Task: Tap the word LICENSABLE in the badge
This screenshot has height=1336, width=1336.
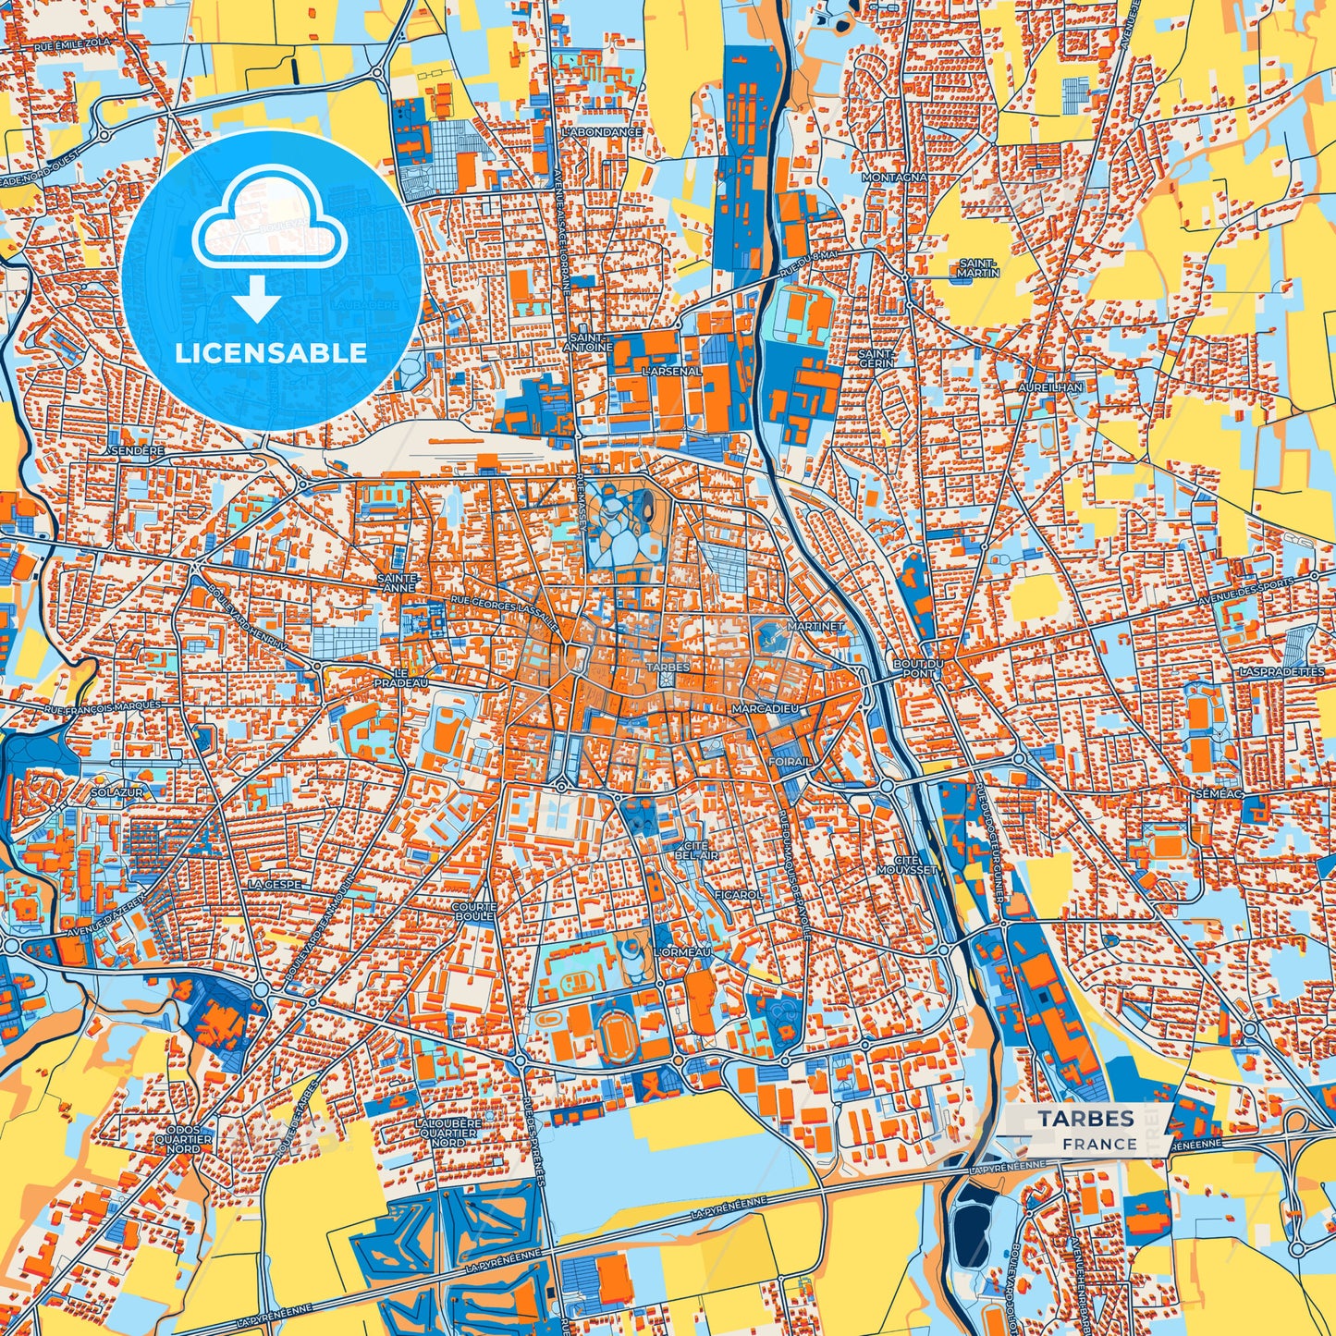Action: pos(272,353)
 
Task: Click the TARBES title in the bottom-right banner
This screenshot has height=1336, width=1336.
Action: pos(1085,1119)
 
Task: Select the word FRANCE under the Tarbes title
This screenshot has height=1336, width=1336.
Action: pos(1099,1144)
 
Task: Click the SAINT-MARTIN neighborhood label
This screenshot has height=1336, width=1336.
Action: pos(978,268)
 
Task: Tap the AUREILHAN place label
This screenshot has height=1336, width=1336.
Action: pos(1050,387)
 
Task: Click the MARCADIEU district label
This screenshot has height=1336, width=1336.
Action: pos(764,708)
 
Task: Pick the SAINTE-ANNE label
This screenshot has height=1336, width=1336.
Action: pos(399,582)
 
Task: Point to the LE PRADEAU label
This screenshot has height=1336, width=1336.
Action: pos(400,678)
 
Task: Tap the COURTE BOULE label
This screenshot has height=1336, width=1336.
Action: pos(473,913)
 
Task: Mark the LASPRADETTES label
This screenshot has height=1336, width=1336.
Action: pos(1281,671)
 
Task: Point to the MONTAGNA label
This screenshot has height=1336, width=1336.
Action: pos(893,177)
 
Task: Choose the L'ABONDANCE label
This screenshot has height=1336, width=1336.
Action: pos(602,132)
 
